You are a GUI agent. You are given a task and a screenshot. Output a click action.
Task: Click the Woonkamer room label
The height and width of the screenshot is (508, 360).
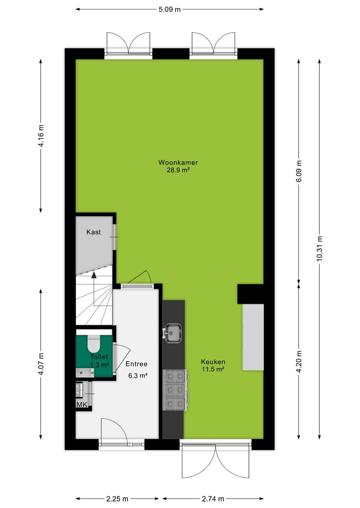tap(178, 162)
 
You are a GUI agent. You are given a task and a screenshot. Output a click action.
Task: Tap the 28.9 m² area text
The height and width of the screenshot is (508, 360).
tap(178, 170)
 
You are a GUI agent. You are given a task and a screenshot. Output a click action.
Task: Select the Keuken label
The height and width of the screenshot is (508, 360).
tap(213, 362)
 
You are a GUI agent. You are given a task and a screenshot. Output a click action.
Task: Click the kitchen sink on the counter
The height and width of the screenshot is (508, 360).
tap(173, 332)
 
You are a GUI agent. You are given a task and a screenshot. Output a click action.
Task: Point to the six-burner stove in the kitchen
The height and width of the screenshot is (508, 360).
tap(175, 390)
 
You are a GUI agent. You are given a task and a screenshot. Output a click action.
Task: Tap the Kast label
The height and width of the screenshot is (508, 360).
tap(93, 232)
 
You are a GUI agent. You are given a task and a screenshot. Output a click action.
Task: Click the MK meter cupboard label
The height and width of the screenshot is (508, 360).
tap(81, 404)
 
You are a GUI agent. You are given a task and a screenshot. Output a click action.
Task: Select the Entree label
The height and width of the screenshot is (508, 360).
tap(136, 364)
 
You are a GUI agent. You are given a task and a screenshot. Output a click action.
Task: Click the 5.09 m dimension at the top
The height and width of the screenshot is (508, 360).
tap(169, 9)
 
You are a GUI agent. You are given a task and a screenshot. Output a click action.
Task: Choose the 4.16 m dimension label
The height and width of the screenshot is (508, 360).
tap(41, 134)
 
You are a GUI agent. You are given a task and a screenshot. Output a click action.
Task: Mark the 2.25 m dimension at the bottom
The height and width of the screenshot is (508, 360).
tap(118, 499)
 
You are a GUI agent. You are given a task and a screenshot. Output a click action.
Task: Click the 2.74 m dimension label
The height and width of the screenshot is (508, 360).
tap(212, 499)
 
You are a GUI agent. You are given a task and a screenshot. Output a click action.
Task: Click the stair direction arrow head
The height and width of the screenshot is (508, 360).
tap(93, 275)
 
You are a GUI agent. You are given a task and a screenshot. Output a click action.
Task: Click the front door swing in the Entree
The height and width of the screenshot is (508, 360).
tap(114, 431)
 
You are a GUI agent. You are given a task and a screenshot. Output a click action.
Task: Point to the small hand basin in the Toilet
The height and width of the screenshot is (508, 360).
tap(83, 372)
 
